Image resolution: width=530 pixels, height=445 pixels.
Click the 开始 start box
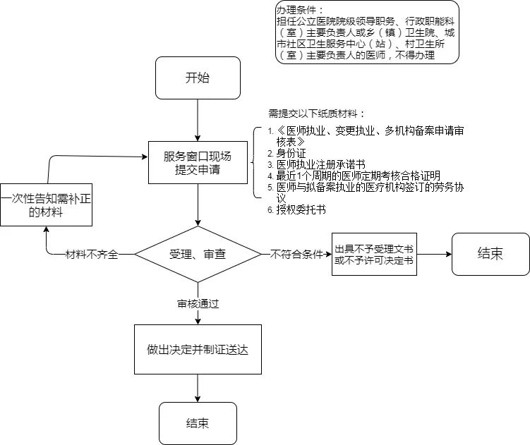point(198,78)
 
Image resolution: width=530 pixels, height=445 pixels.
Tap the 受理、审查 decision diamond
point(198,254)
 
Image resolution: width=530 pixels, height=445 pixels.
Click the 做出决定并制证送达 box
point(198,349)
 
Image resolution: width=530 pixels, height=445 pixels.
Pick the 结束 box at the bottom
point(198,423)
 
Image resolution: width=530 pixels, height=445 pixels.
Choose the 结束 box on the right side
point(490,254)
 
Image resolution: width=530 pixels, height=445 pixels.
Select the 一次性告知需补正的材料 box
point(46,205)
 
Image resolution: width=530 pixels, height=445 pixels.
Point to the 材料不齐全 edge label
point(91,254)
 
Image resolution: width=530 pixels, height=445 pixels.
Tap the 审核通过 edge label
point(198,304)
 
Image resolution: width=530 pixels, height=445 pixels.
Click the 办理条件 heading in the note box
point(301,10)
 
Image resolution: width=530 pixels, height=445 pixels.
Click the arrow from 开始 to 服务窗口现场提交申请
point(198,120)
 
